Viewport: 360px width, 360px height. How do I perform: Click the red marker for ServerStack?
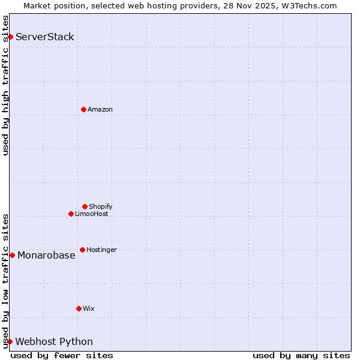(10, 37)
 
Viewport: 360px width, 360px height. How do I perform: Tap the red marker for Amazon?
(83, 109)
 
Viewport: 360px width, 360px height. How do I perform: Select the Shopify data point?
(85, 206)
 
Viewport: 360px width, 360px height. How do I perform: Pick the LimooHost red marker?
(71, 214)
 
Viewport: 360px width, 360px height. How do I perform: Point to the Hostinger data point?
(82, 250)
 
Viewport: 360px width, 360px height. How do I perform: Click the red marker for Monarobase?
(12, 255)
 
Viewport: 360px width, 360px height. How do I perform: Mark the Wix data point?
(79, 308)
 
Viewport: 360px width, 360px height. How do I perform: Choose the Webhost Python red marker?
(10, 341)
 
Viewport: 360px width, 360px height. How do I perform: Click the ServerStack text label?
(45, 37)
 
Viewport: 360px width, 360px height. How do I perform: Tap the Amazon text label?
(100, 109)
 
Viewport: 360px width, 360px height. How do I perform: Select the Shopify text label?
(101, 206)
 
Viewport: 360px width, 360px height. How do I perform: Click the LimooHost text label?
(92, 214)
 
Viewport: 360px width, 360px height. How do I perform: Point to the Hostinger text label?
(102, 250)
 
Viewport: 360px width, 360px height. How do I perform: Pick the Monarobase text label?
(46, 255)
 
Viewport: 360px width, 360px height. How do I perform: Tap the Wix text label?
(89, 308)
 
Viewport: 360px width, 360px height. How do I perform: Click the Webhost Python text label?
(54, 341)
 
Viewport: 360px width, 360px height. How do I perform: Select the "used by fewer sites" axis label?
(62, 355)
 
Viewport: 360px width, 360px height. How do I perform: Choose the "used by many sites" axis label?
(301, 355)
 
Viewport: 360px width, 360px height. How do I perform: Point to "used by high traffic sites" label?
(5, 85)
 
